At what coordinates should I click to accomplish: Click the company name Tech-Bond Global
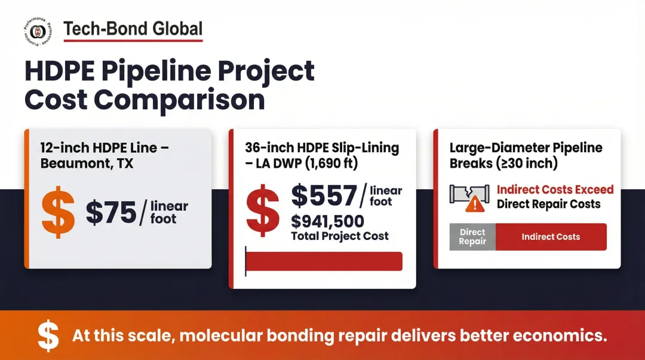coord(133,29)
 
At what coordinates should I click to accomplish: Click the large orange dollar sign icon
coord(59,213)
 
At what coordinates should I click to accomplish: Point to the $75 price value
coord(110,213)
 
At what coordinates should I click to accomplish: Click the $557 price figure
coord(323,196)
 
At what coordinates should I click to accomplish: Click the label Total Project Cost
coord(339,236)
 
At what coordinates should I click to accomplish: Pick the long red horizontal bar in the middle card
coord(324,261)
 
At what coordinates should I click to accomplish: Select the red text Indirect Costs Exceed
coord(555,190)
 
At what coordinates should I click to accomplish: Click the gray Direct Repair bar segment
coord(472,237)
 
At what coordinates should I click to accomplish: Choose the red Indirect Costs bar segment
coord(551,237)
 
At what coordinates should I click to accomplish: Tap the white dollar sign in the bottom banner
coord(48,336)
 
